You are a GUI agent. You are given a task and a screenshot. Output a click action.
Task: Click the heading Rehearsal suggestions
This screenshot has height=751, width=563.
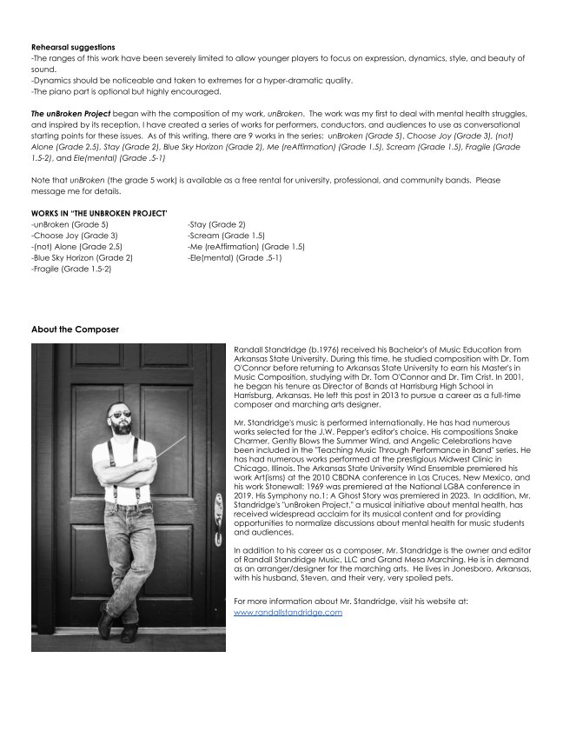73,47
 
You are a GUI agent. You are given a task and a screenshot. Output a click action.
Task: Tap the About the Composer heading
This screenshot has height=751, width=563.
75,329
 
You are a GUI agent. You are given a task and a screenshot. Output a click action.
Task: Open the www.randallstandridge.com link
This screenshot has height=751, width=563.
288,612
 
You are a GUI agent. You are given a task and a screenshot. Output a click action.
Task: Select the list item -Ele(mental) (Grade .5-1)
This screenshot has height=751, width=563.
235,258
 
